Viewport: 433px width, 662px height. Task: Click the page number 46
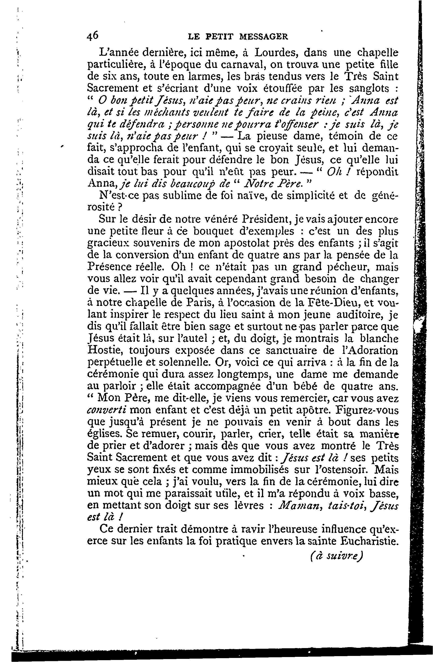(93, 36)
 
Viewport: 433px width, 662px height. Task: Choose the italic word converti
(107, 411)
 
